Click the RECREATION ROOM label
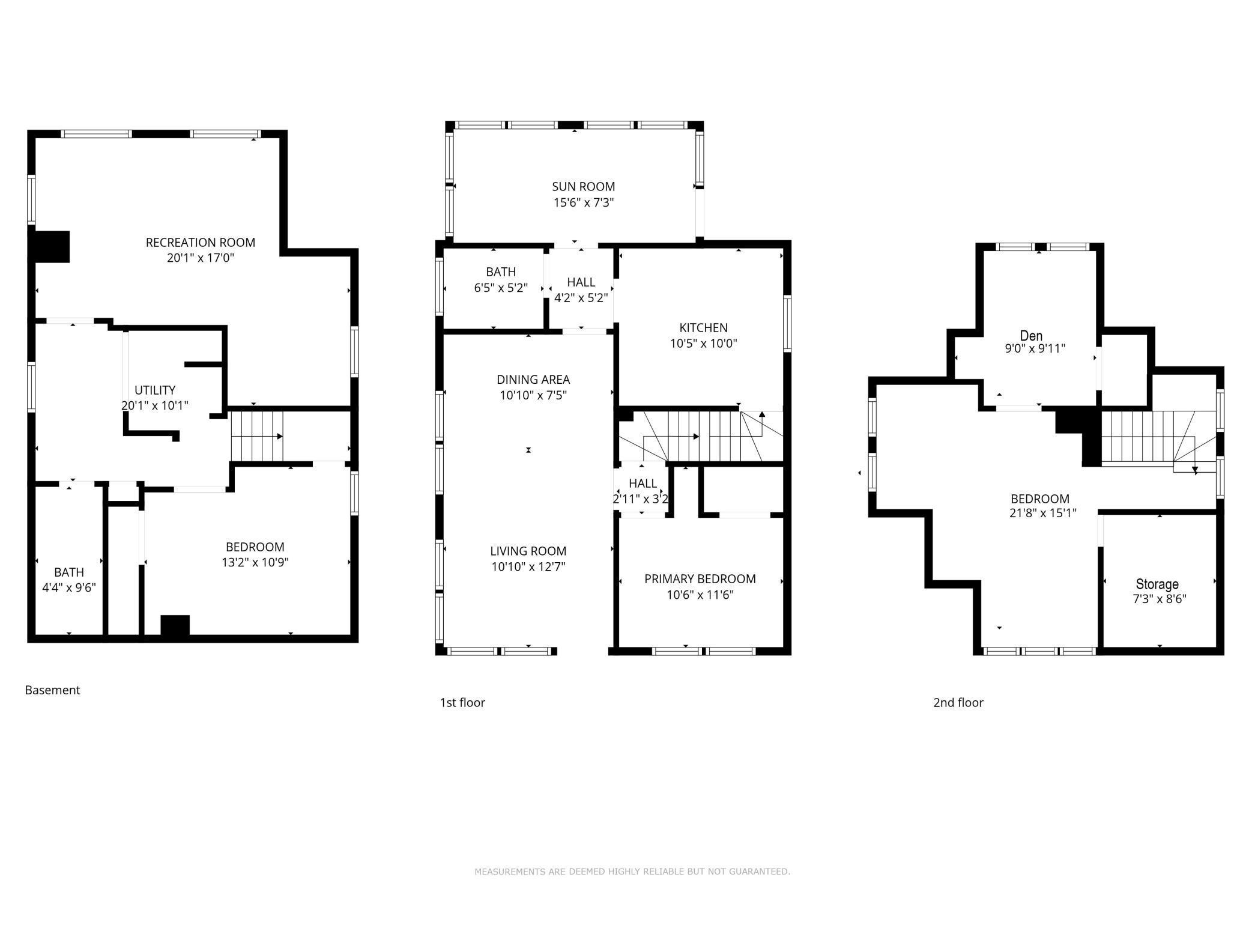pos(200,242)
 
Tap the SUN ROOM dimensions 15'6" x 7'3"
pos(583,203)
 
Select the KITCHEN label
pos(703,328)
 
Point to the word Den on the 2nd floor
pos(1031,335)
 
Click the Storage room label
pos(1157,584)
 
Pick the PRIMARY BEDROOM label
pos(700,579)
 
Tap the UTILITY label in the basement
pos(155,390)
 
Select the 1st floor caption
pos(462,702)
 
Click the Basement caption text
pos(52,690)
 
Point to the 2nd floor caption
pos(958,702)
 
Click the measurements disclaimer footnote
pos(632,872)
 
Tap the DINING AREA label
pos(533,380)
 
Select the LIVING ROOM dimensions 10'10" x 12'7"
pos(528,566)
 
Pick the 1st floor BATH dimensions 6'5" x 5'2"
pos(501,288)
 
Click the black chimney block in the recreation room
pos(50,246)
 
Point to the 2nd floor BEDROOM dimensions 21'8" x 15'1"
pos(1043,514)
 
